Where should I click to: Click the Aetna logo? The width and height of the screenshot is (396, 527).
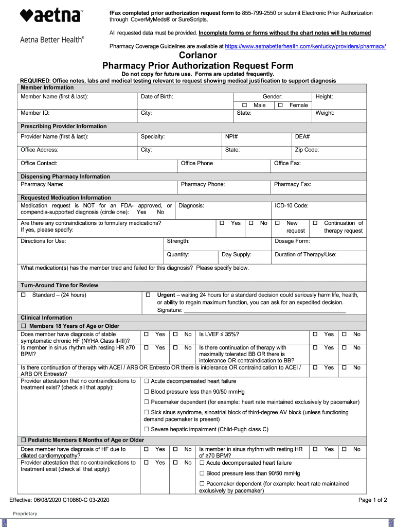click(51, 16)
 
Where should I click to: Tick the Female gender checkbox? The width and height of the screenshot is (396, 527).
click(280, 105)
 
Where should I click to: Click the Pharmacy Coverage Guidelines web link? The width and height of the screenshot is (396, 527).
click(305, 46)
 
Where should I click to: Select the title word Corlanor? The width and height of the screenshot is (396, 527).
click(198, 55)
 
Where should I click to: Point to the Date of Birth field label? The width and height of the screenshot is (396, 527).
click(157, 97)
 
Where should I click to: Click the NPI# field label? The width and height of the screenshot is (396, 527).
click(231, 137)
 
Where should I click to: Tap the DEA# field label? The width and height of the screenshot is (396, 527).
click(302, 137)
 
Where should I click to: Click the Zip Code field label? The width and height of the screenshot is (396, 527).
click(307, 150)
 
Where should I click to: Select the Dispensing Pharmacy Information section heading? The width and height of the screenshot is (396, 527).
click(65, 177)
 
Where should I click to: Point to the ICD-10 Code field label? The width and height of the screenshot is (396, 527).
click(292, 206)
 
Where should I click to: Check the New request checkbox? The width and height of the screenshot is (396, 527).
click(277, 223)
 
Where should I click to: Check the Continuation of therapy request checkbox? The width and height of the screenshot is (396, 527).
click(315, 223)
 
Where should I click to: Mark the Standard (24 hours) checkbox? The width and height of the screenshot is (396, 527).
click(23, 295)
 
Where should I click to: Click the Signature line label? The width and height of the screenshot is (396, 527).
click(169, 310)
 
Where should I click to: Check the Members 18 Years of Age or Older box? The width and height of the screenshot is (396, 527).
click(23, 326)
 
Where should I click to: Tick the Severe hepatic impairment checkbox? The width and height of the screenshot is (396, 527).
click(147, 429)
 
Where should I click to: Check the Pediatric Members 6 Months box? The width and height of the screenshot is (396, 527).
click(23, 441)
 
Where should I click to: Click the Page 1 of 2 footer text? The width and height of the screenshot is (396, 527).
click(372, 500)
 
